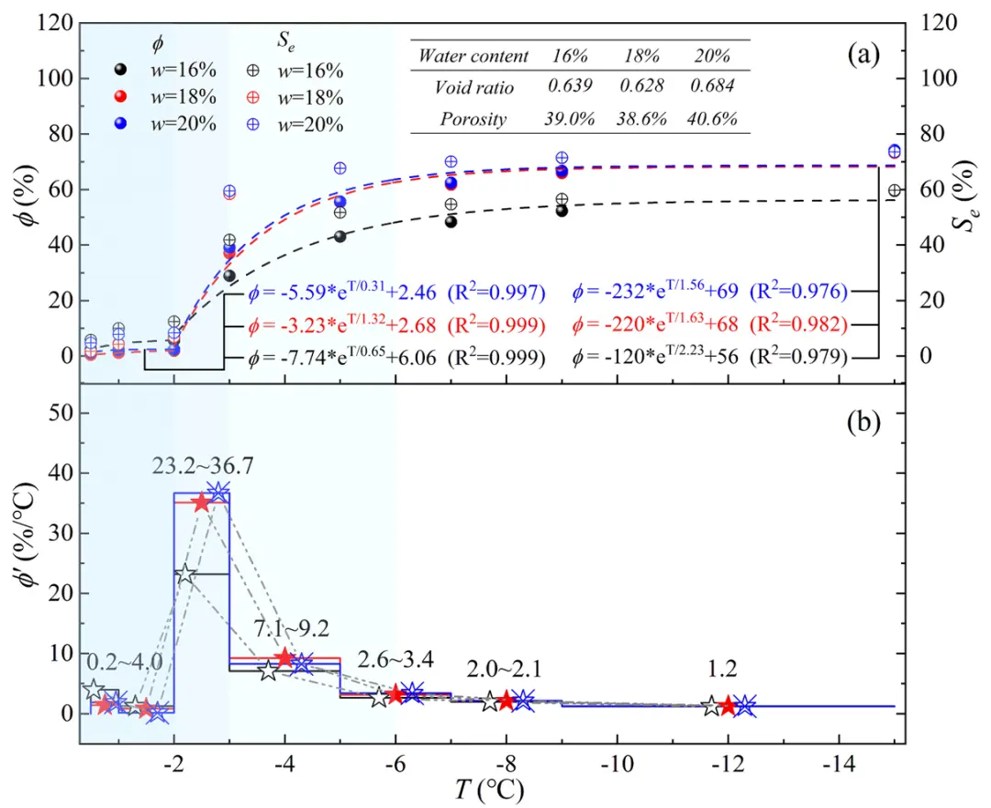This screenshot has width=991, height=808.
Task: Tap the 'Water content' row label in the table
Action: pos(473,56)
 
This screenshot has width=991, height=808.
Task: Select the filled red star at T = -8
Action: pos(506,702)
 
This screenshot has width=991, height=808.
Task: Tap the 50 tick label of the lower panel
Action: pos(59,414)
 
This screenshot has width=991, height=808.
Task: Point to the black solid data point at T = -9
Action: pos(562,210)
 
